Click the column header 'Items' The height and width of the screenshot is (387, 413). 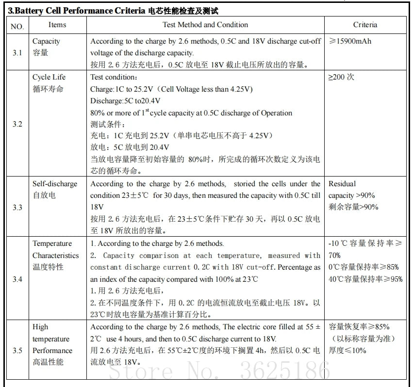pyautogui.click(x=57, y=25)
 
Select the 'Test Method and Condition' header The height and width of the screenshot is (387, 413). pyautogui.click(x=205, y=25)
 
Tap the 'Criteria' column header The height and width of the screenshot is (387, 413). pyautogui.click(x=365, y=25)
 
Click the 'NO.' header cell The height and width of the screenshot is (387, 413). pyautogui.click(x=17, y=26)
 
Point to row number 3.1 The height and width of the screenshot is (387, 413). pyautogui.click(x=17, y=52)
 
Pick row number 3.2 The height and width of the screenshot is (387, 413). pyautogui.click(x=17, y=124)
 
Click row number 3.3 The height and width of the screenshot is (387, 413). pyautogui.click(x=17, y=207)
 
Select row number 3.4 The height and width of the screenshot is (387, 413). pyautogui.click(x=17, y=279)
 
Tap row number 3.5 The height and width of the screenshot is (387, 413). pyautogui.click(x=17, y=350)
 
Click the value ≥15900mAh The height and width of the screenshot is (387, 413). pyautogui.click(x=350, y=41)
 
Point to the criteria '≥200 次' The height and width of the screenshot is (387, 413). pyautogui.click(x=342, y=77)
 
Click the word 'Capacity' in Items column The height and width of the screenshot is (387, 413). pyautogui.click(x=46, y=41)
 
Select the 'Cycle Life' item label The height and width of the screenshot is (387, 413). pyautogui.click(x=49, y=77)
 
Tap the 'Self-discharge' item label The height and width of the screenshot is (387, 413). pyautogui.click(x=55, y=184)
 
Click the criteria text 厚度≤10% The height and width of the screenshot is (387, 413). pyautogui.click(x=347, y=351)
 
